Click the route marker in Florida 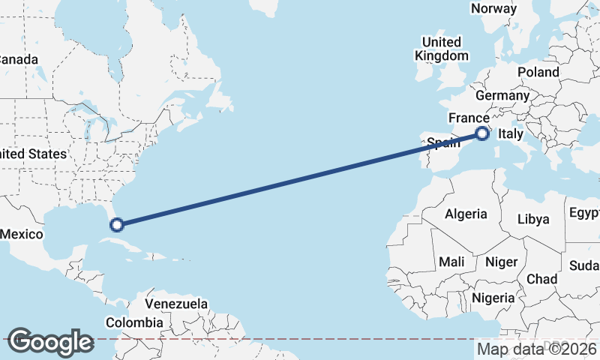[x=116, y=223]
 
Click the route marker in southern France [x=482, y=134]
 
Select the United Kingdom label [x=442, y=48]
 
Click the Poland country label [x=538, y=72]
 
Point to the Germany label [x=502, y=96]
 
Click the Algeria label [x=466, y=214]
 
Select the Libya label [x=534, y=220]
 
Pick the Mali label [x=451, y=262]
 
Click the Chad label [x=541, y=279]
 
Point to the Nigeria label [x=493, y=298]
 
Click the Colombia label [x=133, y=322]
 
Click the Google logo [x=50, y=341]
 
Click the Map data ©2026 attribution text [x=537, y=349]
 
